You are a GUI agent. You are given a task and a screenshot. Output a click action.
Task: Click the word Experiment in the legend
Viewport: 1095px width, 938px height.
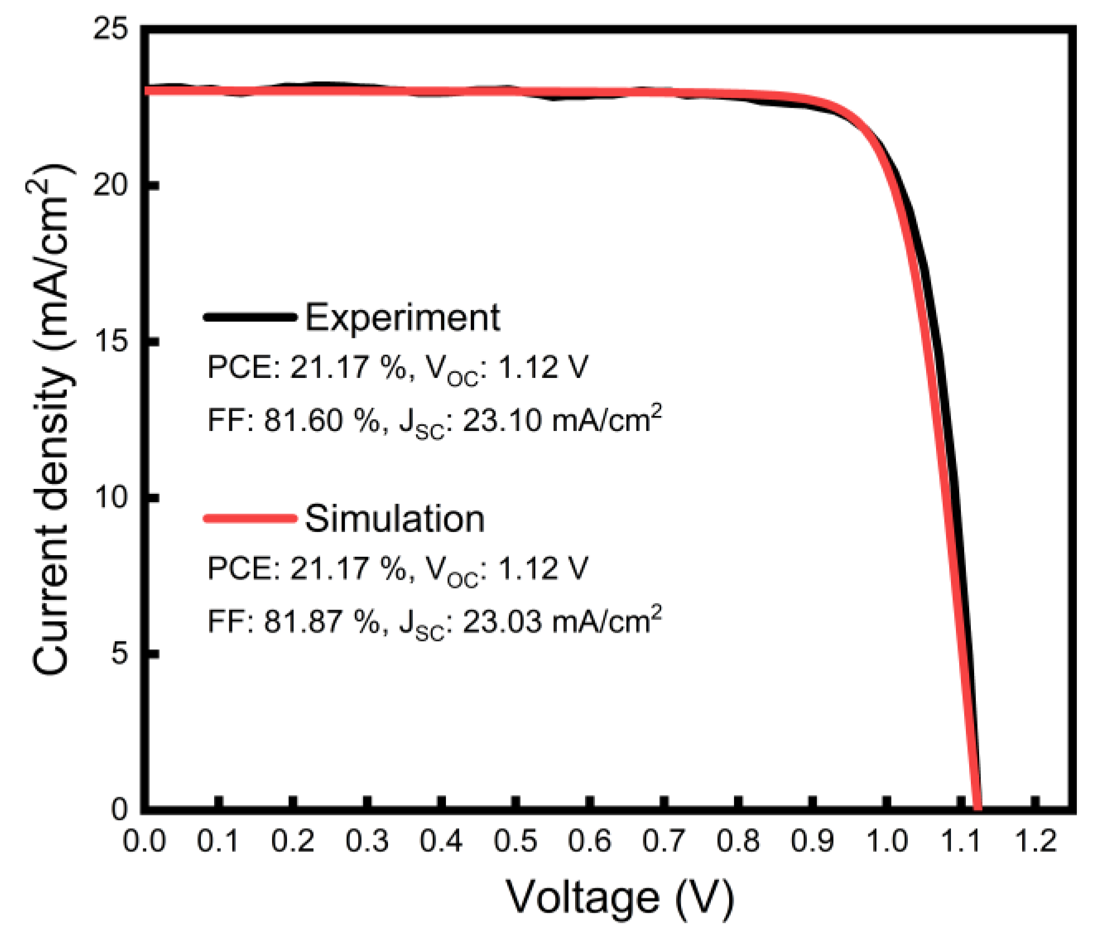402,318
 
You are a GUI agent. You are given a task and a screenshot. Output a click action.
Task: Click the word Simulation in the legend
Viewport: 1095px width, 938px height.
395,519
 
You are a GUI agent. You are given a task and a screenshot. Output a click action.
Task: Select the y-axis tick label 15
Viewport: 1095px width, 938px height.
110,341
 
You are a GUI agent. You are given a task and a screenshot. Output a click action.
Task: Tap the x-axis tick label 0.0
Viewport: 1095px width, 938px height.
144,841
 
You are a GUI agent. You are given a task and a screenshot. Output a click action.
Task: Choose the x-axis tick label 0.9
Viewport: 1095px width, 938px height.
812,841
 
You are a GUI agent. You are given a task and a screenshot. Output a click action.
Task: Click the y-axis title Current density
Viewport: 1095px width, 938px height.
51,419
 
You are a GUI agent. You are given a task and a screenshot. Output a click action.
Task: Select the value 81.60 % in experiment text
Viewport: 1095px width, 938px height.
322,420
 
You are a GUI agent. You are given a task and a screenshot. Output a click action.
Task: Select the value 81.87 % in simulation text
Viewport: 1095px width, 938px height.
322,622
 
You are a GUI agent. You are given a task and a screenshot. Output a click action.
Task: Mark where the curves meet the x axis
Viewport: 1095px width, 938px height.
977,808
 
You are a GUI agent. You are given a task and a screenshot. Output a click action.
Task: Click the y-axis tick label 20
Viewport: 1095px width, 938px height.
110,184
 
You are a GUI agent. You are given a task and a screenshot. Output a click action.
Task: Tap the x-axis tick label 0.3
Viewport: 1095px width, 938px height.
367,841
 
